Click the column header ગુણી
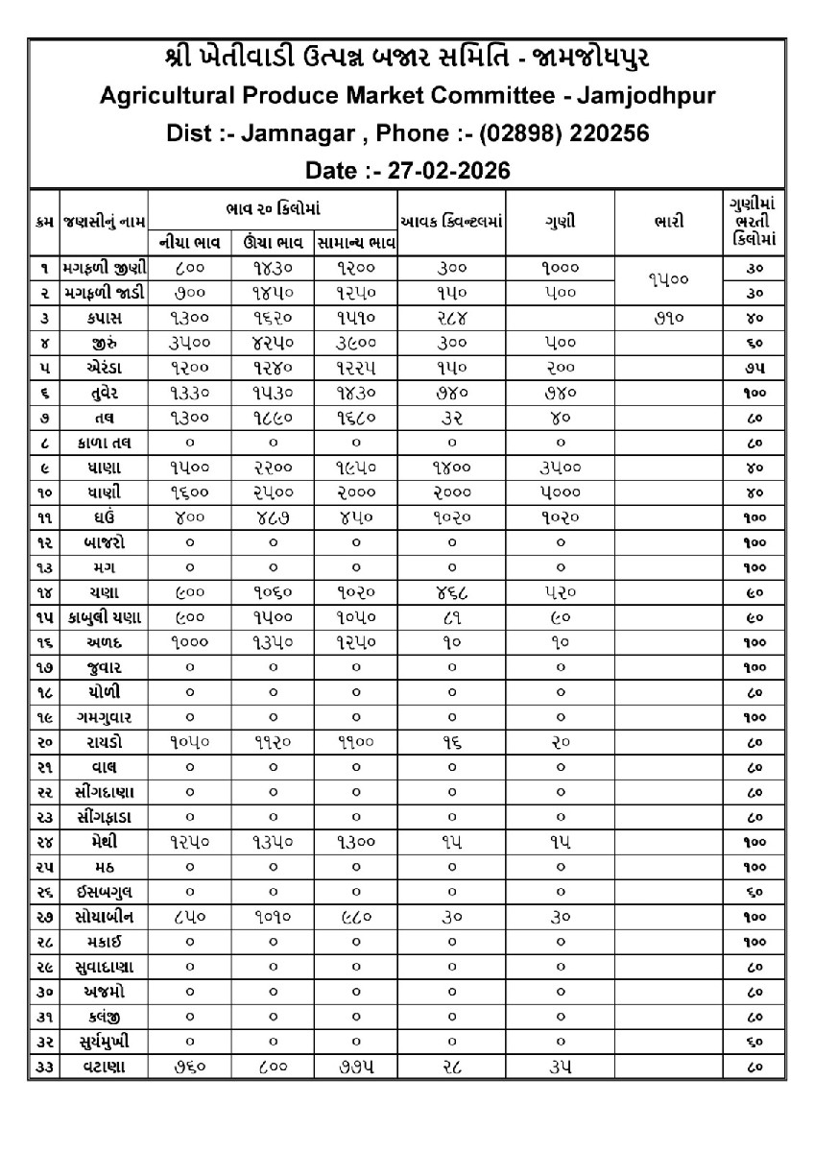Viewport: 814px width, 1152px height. point(561,222)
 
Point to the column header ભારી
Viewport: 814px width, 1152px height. point(668,222)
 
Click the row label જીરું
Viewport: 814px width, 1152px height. point(106,341)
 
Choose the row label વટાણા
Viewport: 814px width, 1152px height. point(106,1067)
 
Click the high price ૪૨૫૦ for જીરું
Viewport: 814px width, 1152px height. point(273,341)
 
